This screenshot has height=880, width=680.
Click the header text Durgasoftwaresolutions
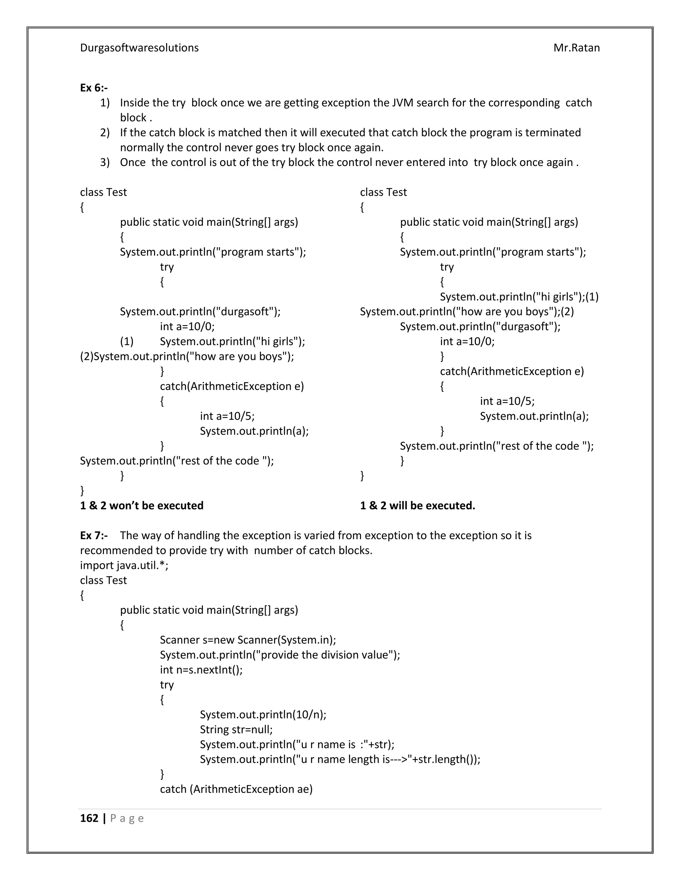(139, 47)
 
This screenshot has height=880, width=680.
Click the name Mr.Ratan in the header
(576, 47)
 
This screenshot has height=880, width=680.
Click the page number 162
(89, 818)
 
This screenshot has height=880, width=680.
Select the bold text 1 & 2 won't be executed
(141, 505)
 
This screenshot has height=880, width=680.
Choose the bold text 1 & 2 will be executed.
(417, 505)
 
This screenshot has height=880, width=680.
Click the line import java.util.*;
(124, 565)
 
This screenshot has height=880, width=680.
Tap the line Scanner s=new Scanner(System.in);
(248, 640)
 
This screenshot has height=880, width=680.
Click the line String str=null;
(236, 729)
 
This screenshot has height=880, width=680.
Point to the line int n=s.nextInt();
(201, 670)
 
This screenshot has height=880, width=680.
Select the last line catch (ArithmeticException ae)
(236, 789)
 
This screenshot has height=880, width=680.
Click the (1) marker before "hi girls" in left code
(127, 341)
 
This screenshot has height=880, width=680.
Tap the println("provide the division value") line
(280, 655)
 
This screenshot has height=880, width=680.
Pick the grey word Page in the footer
(127, 818)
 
